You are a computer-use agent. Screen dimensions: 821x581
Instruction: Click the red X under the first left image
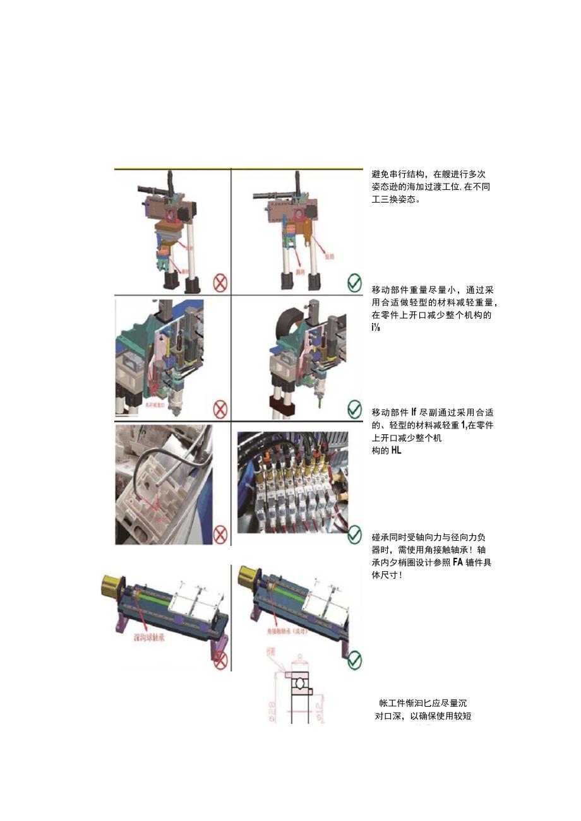pos(220,283)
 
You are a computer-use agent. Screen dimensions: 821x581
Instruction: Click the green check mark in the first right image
pos(355,283)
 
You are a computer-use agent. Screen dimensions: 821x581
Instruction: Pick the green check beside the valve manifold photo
pos(355,536)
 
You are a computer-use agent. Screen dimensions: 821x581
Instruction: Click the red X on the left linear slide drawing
pos(220,660)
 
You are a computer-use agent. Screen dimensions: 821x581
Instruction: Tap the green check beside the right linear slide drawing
pos(355,660)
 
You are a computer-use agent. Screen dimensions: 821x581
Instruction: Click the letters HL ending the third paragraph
pos(395,451)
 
